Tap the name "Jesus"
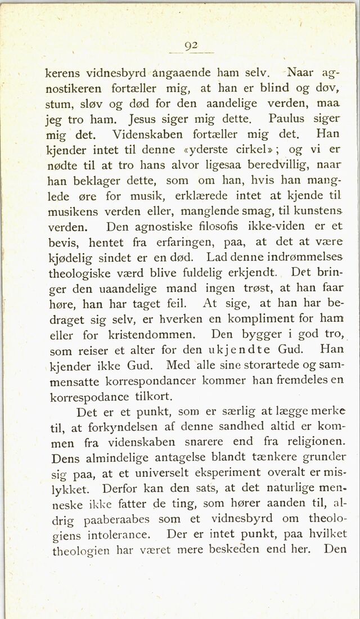click(147, 120)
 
